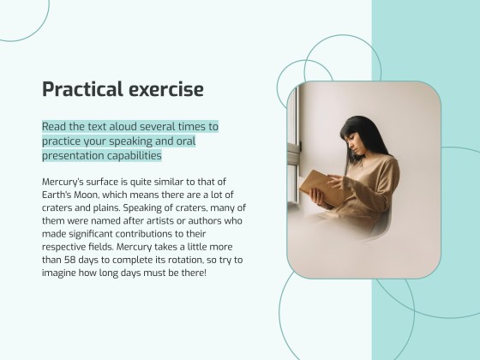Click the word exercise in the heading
coord(163,89)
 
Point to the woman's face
coord(353,147)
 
